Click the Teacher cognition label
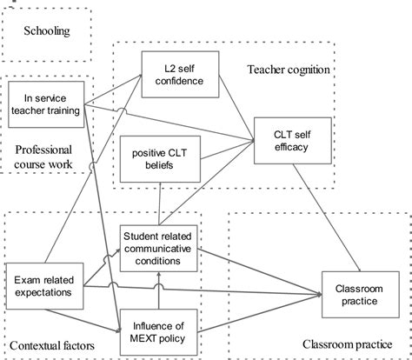(292, 69)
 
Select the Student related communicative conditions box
(158, 243)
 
